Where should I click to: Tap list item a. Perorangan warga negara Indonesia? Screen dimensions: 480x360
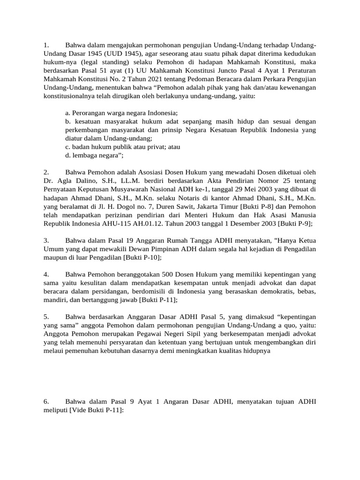pos(121,113)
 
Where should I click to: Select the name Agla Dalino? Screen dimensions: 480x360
pos(73,180)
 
